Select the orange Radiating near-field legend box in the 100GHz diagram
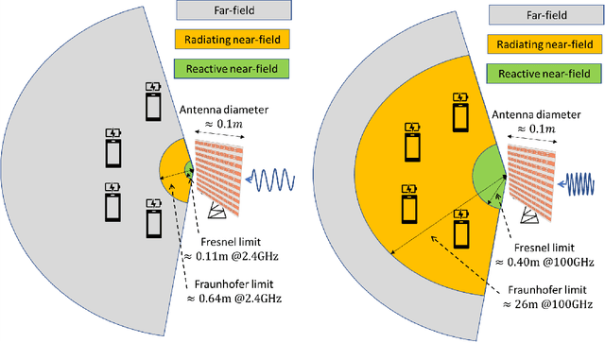pyautogui.click(x=544, y=43)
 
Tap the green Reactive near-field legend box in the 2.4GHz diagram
pyautogui.click(x=233, y=68)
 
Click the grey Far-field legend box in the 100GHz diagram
pyautogui.click(x=544, y=15)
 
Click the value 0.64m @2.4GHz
pyautogui.click(x=235, y=299)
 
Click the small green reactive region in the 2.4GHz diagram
pyautogui.click(x=189, y=170)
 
